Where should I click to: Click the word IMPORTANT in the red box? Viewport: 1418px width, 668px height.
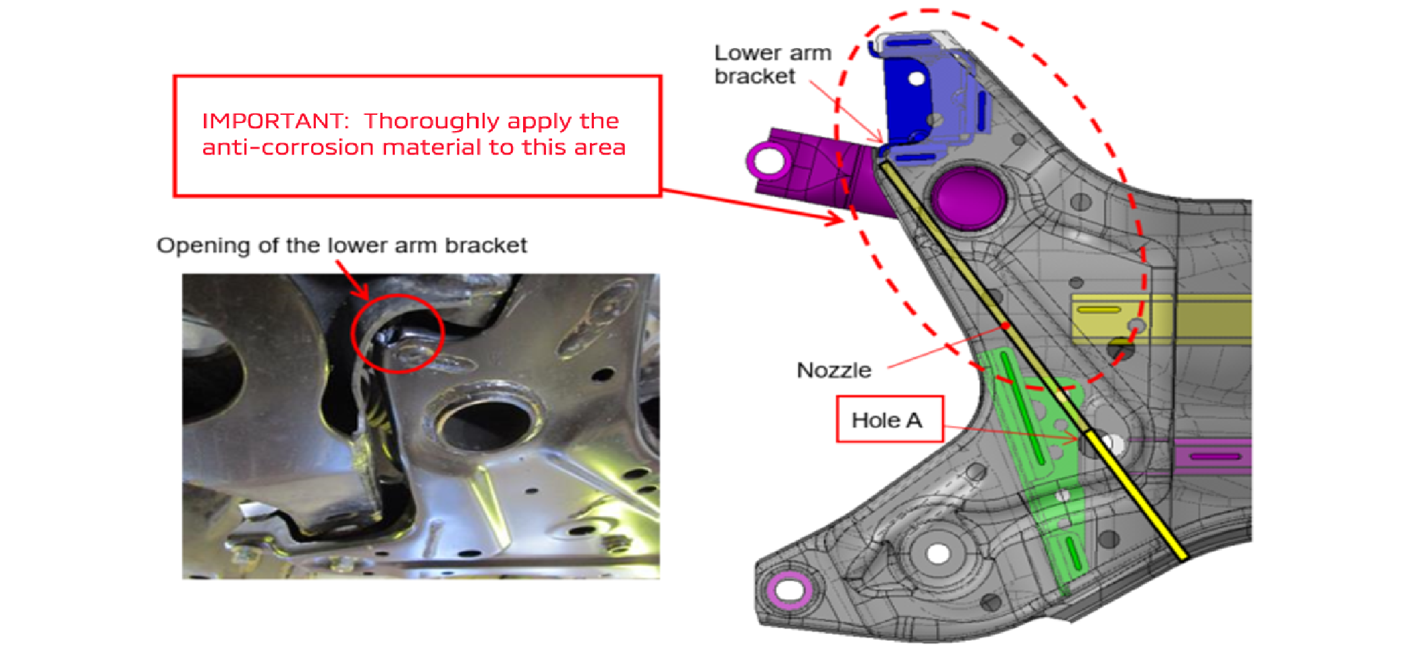[x=274, y=122]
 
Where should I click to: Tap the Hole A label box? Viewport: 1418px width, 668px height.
[x=888, y=419]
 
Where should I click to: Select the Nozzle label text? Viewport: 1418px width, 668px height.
[x=834, y=370]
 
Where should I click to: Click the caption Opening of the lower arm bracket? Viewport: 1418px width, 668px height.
[x=342, y=245]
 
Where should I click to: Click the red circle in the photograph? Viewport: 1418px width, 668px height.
[x=397, y=333]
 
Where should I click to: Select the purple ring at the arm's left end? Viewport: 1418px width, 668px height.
[x=769, y=161]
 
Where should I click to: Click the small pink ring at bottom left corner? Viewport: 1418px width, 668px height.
[x=790, y=590]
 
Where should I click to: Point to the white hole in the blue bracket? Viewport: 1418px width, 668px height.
[x=916, y=79]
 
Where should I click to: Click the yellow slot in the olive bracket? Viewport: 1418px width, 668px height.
[x=1099, y=310]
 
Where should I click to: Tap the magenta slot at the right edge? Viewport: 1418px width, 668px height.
[x=1215, y=457]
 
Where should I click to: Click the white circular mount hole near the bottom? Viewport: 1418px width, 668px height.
[x=937, y=554]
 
